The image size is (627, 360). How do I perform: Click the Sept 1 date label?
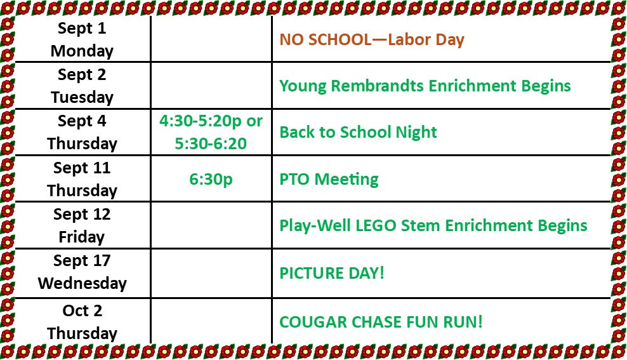[x=82, y=29]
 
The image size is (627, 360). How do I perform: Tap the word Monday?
[x=82, y=51]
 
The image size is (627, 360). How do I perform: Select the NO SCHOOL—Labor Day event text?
[x=372, y=39]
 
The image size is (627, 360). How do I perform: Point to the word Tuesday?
[x=82, y=98]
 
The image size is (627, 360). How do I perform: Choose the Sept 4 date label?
[x=82, y=121]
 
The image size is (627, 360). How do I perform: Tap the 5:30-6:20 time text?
[x=211, y=143]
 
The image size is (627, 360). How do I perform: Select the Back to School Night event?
[x=359, y=133]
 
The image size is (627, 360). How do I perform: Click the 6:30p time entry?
[x=211, y=180]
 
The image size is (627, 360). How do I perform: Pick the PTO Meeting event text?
[x=329, y=179]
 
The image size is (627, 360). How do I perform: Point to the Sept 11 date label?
[x=82, y=168]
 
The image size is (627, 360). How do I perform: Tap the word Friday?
[x=82, y=237]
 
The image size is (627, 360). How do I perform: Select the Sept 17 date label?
[x=82, y=261]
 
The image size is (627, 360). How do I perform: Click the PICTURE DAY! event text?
[x=332, y=273]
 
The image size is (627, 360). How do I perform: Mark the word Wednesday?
[x=82, y=283]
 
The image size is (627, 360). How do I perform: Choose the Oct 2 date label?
[x=82, y=311]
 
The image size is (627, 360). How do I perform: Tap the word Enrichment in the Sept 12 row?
[x=489, y=225]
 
